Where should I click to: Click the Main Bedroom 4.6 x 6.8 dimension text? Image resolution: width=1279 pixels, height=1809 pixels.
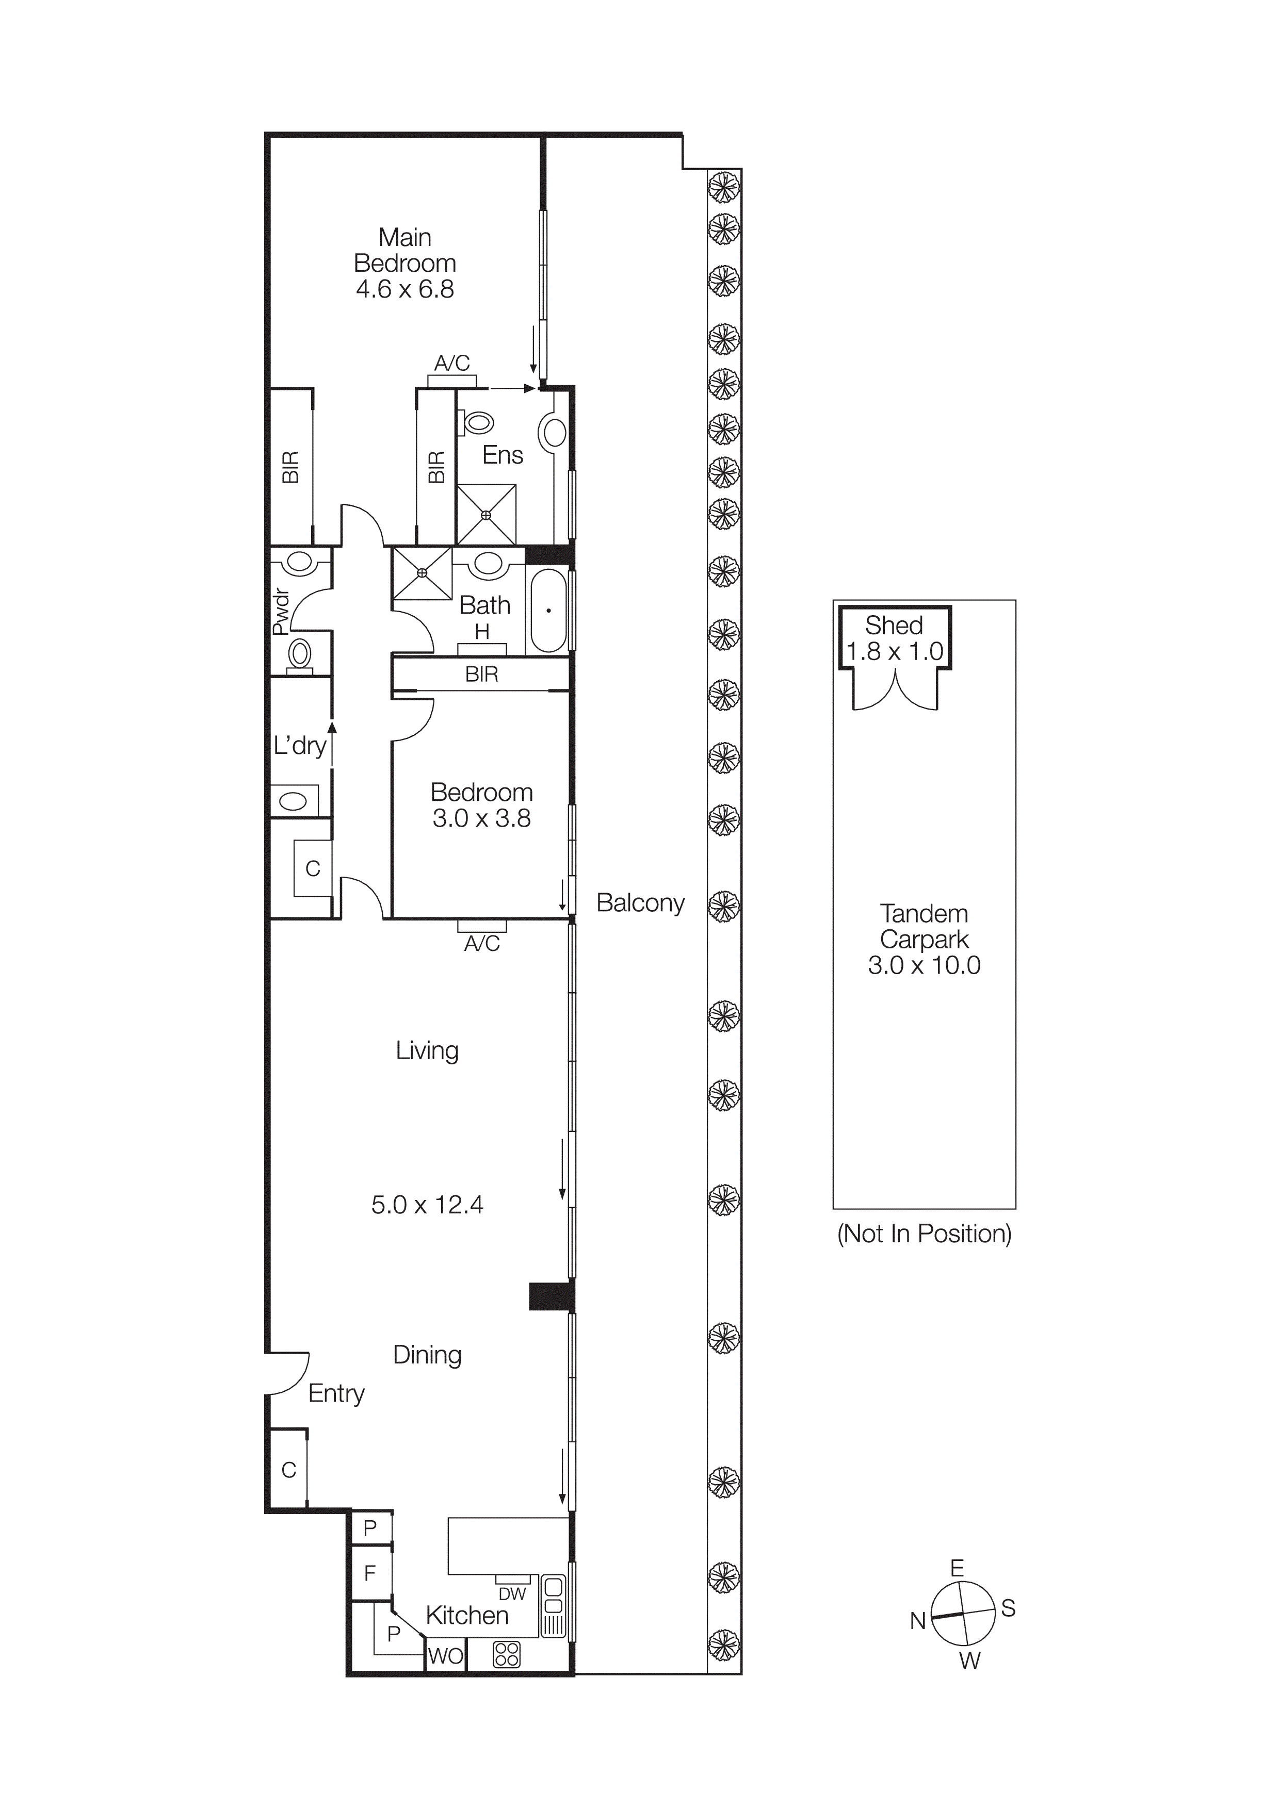tap(404, 289)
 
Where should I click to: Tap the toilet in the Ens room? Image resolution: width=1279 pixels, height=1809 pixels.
tap(475, 423)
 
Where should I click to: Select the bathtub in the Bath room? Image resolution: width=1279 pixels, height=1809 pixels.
tap(548, 611)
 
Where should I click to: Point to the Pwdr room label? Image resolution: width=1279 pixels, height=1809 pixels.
tap(281, 612)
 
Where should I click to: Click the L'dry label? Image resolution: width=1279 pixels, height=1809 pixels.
tap(299, 745)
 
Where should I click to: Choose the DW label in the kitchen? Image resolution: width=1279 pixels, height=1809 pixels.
tap(512, 1594)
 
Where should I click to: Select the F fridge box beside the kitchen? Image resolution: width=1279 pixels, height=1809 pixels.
tap(369, 1573)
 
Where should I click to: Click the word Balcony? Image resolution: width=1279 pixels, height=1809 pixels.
tap(640, 903)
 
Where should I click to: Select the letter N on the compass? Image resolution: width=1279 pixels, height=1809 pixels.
tap(917, 1621)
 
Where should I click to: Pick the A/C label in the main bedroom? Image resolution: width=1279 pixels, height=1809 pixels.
tap(452, 363)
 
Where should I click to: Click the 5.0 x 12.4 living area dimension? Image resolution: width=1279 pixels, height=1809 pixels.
tap(427, 1205)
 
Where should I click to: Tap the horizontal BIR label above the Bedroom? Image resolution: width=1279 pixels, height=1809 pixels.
tap(481, 675)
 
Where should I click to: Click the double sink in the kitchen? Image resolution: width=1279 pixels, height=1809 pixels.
tap(553, 1596)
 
